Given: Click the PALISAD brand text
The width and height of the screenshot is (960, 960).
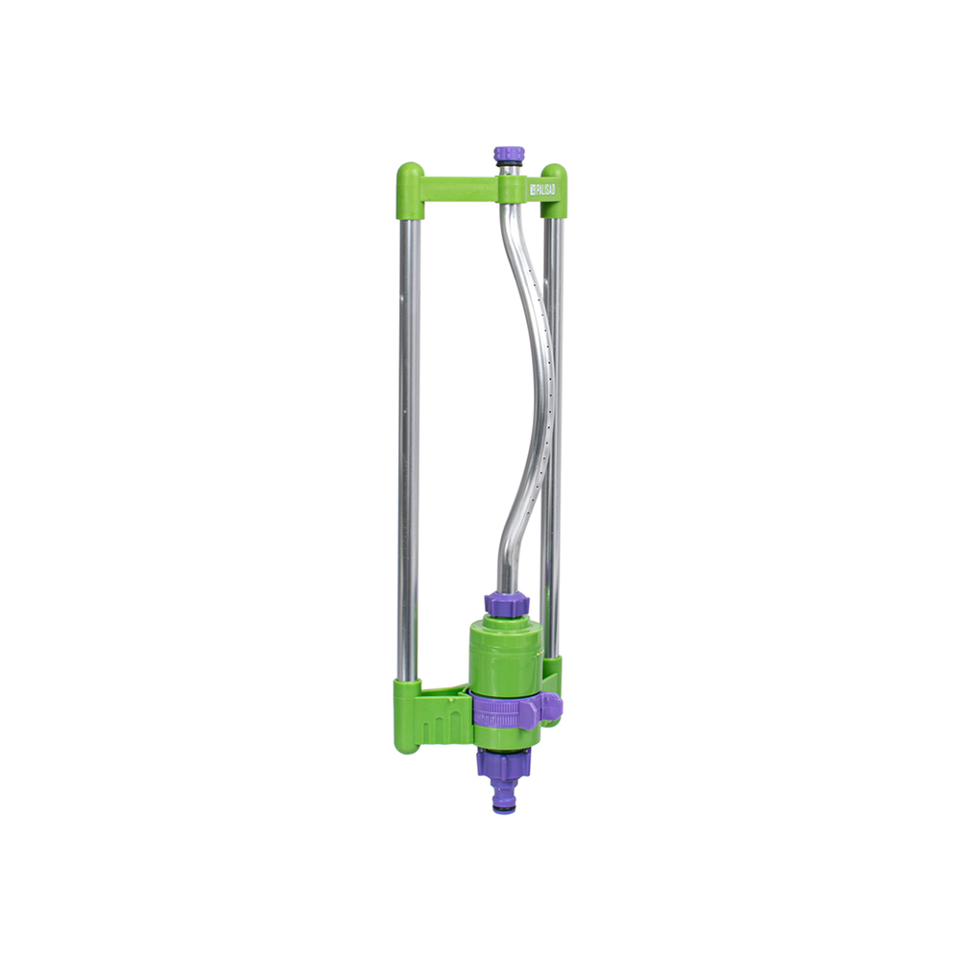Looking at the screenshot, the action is pos(542,190).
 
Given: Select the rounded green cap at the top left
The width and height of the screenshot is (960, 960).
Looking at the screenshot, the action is pos(410,190).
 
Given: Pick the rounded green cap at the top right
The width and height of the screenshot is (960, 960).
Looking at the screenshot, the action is pos(554,190).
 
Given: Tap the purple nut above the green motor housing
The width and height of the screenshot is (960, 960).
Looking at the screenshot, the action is pos(506,603).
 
